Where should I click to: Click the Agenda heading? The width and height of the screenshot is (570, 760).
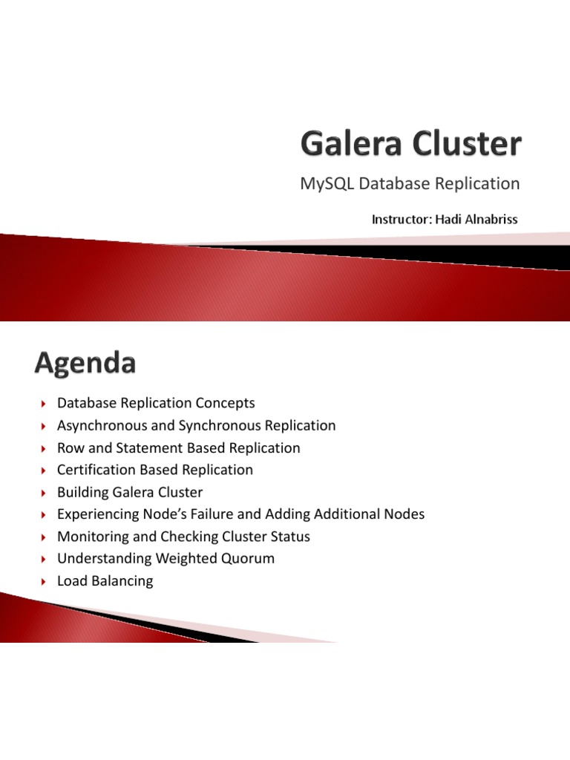point(85,364)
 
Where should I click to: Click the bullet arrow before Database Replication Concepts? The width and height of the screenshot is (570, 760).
point(44,404)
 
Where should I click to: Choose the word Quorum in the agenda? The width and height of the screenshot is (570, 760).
point(249,559)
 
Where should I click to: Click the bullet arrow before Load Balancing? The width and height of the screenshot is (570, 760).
point(44,582)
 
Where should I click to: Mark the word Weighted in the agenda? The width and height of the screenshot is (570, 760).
point(188,559)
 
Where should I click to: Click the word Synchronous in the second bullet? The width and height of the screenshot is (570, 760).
point(235,426)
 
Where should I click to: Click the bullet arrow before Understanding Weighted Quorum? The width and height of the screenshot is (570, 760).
point(44,560)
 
